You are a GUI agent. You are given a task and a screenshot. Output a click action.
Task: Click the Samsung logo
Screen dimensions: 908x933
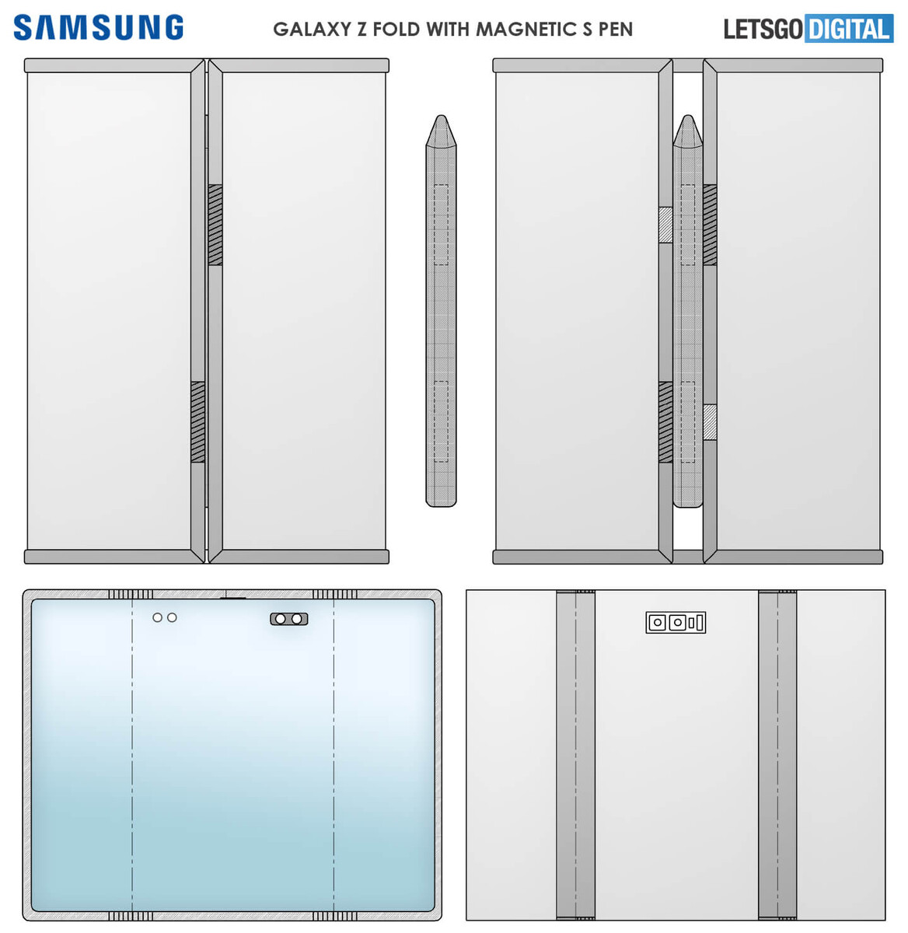click(x=98, y=27)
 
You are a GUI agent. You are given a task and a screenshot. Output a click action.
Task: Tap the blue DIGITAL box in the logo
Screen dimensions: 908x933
click(x=849, y=28)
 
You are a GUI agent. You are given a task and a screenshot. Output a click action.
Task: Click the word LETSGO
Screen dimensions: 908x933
click(x=763, y=30)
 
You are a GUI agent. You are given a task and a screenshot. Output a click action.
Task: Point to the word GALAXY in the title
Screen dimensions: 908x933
click(x=312, y=30)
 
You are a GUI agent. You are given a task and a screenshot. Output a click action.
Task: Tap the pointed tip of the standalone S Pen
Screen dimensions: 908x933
click(x=441, y=116)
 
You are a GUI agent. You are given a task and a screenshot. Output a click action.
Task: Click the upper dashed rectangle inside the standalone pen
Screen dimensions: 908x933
click(x=441, y=225)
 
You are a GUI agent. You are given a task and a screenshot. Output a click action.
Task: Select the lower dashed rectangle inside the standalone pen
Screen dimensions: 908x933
click(x=441, y=422)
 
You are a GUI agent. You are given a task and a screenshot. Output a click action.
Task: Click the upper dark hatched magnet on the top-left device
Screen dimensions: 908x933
click(x=215, y=225)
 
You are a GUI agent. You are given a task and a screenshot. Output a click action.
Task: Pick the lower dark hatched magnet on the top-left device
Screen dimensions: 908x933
click(x=197, y=422)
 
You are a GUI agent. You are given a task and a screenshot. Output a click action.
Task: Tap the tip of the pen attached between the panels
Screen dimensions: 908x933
click(x=688, y=116)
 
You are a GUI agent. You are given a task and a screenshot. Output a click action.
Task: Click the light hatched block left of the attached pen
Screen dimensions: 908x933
click(x=665, y=225)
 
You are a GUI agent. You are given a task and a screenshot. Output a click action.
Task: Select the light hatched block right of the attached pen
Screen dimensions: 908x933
click(x=710, y=422)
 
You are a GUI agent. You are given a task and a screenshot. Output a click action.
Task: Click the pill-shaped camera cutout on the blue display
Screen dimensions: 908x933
click(x=289, y=618)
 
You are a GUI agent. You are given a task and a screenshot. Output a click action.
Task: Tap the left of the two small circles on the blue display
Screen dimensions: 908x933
click(x=157, y=617)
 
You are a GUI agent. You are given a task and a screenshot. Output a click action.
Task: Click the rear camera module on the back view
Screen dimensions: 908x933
click(x=676, y=622)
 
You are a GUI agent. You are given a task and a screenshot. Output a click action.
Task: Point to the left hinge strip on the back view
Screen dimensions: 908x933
click(x=575, y=755)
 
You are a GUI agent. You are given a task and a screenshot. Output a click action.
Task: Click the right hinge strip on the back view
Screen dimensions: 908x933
click(x=777, y=755)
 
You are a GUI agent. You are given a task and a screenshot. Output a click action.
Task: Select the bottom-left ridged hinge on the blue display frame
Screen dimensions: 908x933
click(x=131, y=916)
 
